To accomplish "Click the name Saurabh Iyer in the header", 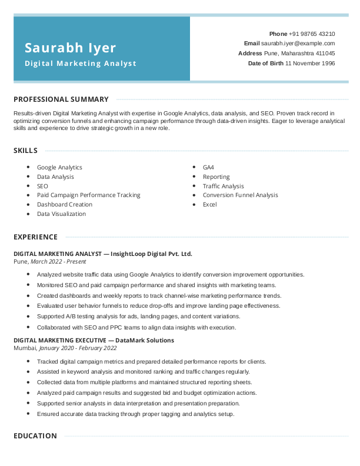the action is [71, 48].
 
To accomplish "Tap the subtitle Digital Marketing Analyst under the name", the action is [81, 63].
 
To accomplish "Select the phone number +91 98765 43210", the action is [312, 34].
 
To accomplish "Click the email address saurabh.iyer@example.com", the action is [298, 44].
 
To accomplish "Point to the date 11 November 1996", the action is [310, 63].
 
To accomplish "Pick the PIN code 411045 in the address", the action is [325, 53].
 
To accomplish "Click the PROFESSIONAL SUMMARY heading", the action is [61, 99].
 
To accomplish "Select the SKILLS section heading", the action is [26, 151].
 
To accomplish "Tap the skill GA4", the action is [208, 168].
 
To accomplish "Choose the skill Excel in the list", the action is [209, 205].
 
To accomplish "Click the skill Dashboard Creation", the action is [65, 205].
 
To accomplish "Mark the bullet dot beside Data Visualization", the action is [28, 214].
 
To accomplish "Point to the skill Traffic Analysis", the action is [223, 187].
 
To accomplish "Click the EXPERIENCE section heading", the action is [35, 237].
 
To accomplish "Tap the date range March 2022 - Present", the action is [54, 261].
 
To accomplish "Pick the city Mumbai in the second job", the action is [24, 348].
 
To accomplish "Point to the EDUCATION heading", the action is [35, 436].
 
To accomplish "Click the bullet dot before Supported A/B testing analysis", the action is [28, 317].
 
